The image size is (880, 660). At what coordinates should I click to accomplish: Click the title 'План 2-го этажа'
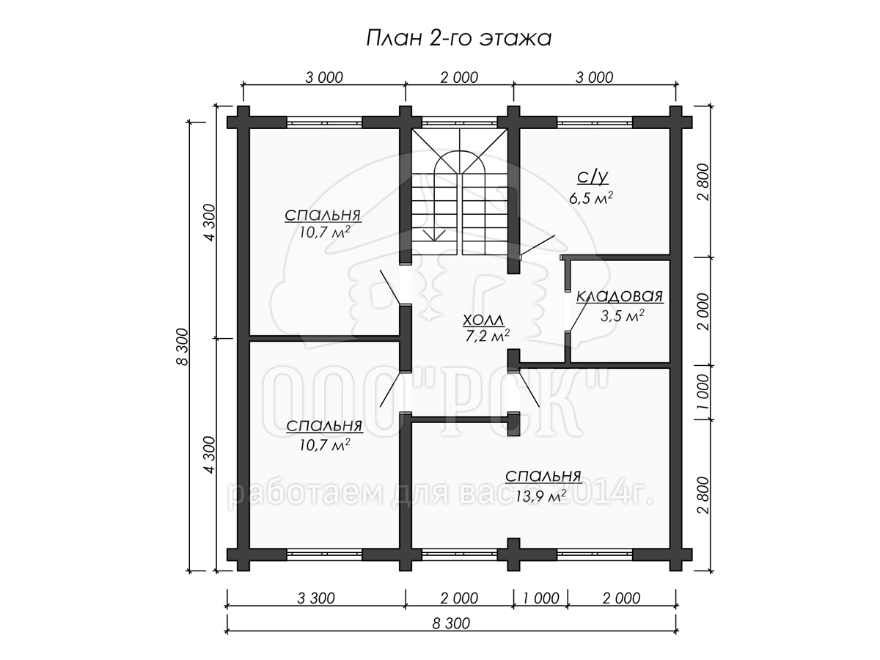click(458, 38)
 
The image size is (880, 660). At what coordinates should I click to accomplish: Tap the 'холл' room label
click(483, 320)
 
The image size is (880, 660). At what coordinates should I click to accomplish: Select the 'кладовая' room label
click(620, 296)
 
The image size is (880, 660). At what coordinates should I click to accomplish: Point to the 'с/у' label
click(593, 177)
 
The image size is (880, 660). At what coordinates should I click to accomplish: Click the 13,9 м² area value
click(540, 497)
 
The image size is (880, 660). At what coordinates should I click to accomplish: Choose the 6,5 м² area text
click(590, 198)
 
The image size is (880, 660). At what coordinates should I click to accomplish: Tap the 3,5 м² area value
click(622, 316)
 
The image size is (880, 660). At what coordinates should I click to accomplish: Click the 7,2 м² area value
click(487, 336)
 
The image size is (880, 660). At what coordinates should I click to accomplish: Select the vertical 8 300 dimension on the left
click(182, 347)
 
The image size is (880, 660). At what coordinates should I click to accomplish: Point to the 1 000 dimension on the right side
click(703, 392)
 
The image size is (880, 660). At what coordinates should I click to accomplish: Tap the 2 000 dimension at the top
click(459, 77)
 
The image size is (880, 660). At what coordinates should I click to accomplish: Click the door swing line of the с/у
click(538, 245)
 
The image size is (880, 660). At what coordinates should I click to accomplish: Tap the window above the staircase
click(460, 122)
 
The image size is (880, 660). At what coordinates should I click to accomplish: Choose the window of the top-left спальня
click(325, 122)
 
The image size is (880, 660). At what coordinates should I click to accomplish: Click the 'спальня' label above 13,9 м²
click(543, 477)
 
